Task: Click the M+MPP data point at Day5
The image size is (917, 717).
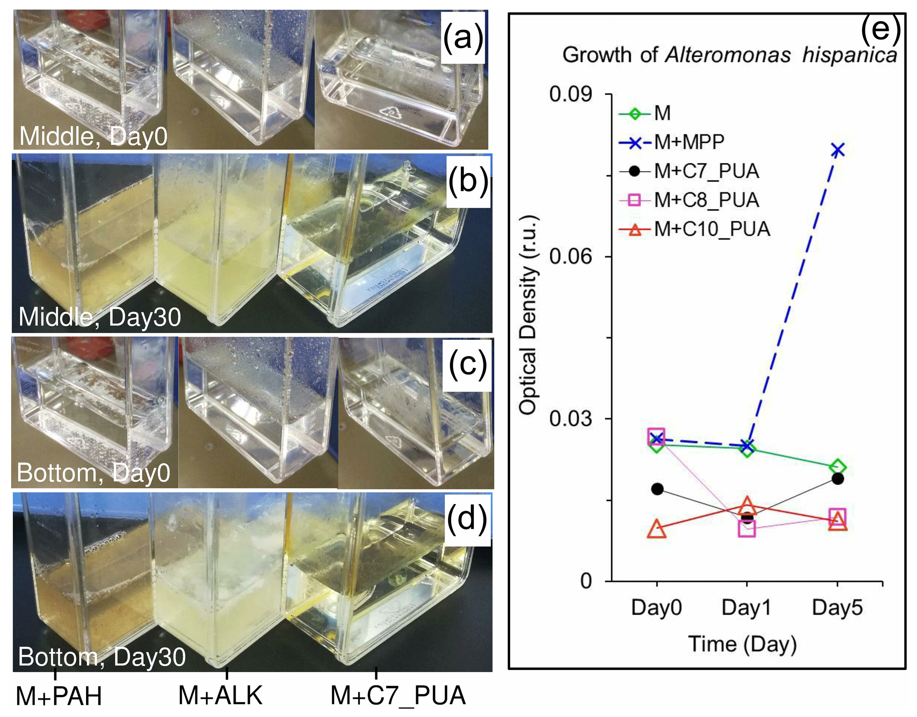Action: [837, 150]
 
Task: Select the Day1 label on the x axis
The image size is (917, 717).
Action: [747, 607]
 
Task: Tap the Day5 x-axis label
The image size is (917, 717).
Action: [837, 607]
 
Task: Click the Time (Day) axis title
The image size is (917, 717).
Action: [743, 644]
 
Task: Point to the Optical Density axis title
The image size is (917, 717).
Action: [528, 315]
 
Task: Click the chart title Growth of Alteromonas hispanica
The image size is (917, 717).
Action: [730, 55]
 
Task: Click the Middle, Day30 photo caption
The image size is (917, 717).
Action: [100, 317]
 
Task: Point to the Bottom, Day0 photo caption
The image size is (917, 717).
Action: [94, 473]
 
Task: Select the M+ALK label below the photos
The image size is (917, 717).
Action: [220, 695]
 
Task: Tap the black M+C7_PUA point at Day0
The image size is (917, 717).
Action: [657, 489]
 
